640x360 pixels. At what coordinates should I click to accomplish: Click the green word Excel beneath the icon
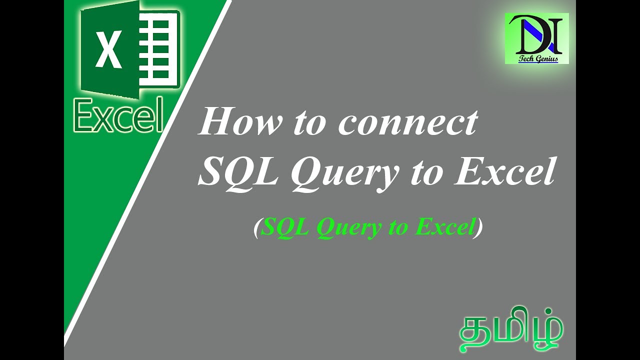(119, 115)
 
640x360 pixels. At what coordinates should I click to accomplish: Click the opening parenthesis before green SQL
(256, 228)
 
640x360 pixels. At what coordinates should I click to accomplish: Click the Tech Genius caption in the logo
(537, 58)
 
